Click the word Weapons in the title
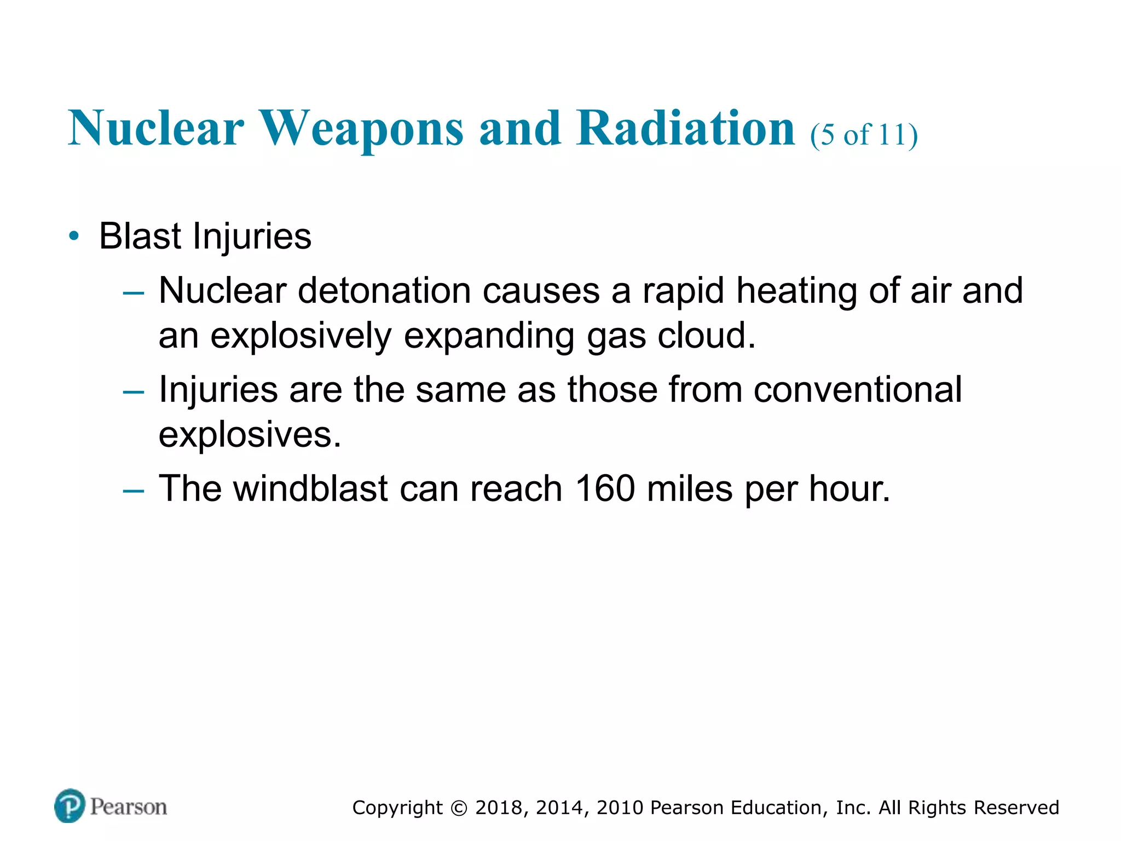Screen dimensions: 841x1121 [x=361, y=129]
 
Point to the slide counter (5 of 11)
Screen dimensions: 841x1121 [x=864, y=135]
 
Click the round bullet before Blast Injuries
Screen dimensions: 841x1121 [x=74, y=237]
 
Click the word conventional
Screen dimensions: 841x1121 [x=857, y=390]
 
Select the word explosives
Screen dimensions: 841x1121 [x=250, y=435]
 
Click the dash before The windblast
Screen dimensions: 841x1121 [x=134, y=489]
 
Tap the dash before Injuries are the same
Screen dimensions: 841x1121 [x=134, y=391]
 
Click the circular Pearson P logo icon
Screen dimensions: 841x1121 [x=70, y=806]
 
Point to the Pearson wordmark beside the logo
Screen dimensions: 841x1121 [x=129, y=807]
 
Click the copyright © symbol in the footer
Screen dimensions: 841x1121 [x=459, y=808]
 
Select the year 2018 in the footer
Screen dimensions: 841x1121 [x=501, y=808]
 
